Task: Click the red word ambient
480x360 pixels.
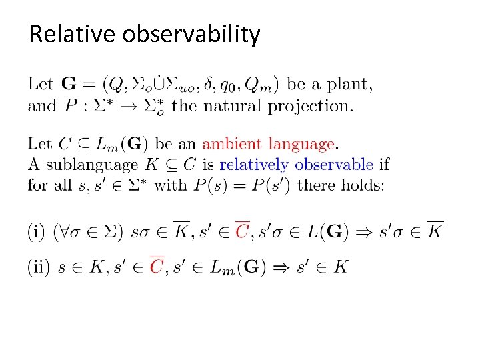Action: (x=233, y=143)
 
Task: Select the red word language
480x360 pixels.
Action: (x=303, y=144)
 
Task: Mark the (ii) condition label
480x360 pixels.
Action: (x=38, y=267)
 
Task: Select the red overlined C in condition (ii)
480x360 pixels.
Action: (x=157, y=266)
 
